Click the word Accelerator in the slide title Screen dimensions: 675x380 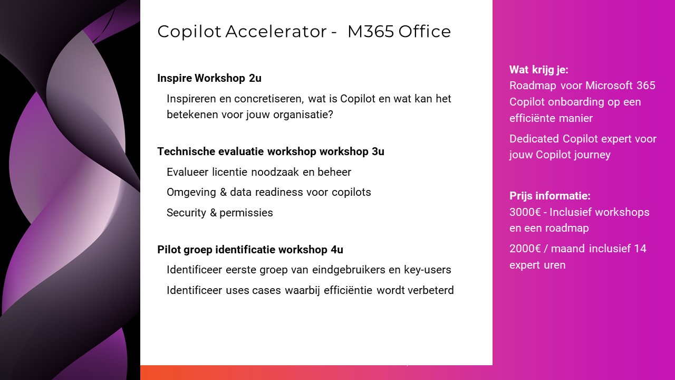click(276, 32)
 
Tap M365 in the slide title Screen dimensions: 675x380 click(371, 32)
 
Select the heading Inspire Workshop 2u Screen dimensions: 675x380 click(209, 78)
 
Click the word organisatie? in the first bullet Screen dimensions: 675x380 click(303, 115)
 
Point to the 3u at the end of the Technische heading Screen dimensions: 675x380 click(378, 151)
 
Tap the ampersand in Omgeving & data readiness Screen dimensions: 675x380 click(223, 192)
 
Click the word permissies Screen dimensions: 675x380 click(246, 213)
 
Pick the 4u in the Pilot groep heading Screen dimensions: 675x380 click(337, 250)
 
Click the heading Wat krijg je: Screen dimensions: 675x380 click(539, 70)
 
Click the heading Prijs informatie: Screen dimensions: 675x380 click(550, 196)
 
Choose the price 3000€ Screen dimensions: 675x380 click(525, 212)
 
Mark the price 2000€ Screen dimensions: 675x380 click(525, 249)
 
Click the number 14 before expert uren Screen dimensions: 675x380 click(640, 249)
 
